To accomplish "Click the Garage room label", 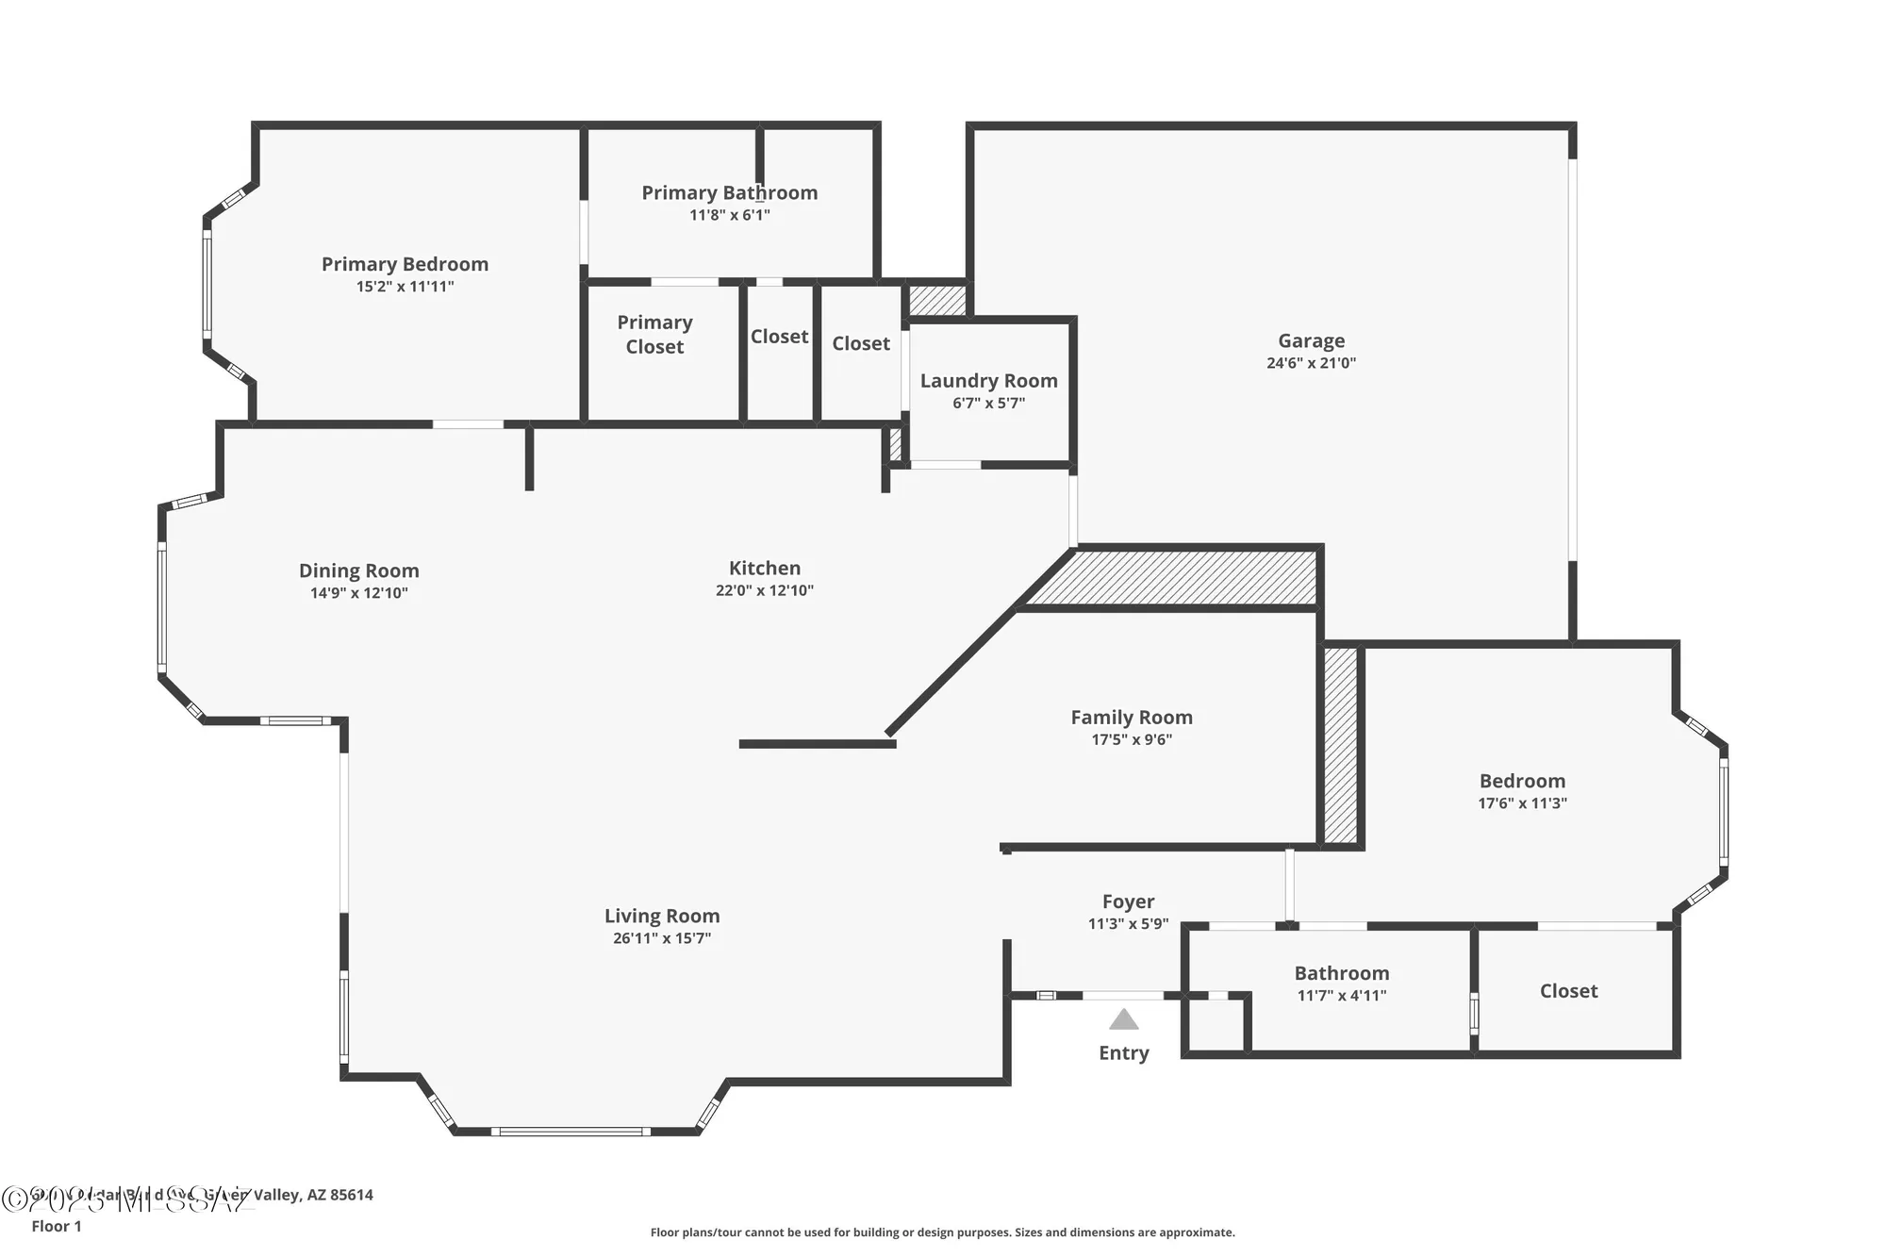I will point(1311,340).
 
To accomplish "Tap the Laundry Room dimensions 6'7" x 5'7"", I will point(988,403).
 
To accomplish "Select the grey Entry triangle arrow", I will point(1123,1019).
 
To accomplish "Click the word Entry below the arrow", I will point(1123,1052).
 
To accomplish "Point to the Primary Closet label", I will point(654,334).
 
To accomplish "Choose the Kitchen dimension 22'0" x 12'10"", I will point(764,590).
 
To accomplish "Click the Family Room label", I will point(1131,717).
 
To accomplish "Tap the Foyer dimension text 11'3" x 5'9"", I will point(1128,923).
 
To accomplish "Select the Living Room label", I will point(661,916).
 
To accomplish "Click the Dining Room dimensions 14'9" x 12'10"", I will point(358,593).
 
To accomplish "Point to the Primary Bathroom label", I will point(729,192).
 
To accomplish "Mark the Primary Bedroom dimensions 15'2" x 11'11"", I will point(405,287).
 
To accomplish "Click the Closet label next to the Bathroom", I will point(1568,990).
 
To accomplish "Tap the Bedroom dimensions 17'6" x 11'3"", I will point(1522,803).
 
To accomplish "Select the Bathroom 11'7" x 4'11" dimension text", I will point(1341,995).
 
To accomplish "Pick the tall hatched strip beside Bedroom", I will point(1340,745).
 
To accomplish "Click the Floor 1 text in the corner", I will point(57,1226).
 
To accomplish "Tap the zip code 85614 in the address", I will point(351,1195).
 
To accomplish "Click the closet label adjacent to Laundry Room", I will point(860,343).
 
